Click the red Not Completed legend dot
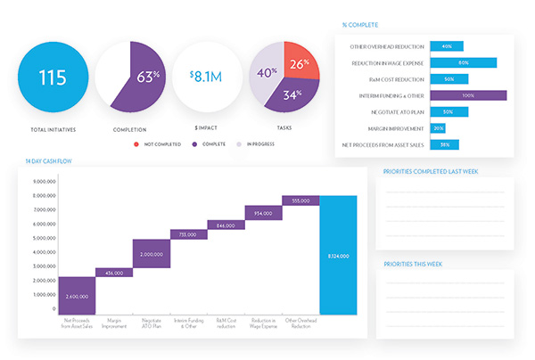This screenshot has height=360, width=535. (x=136, y=143)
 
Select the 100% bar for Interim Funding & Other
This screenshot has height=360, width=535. (x=468, y=95)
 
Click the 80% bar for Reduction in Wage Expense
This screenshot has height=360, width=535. (x=462, y=62)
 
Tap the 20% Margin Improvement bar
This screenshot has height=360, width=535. (x=438, y=127)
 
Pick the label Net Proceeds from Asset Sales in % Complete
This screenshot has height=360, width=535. (x=382, y=144)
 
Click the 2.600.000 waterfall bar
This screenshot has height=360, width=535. (x=77, y=295)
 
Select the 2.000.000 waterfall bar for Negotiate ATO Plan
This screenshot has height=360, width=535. (x=152, y=253)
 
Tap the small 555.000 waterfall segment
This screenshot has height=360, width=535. (x=300, y=200)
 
